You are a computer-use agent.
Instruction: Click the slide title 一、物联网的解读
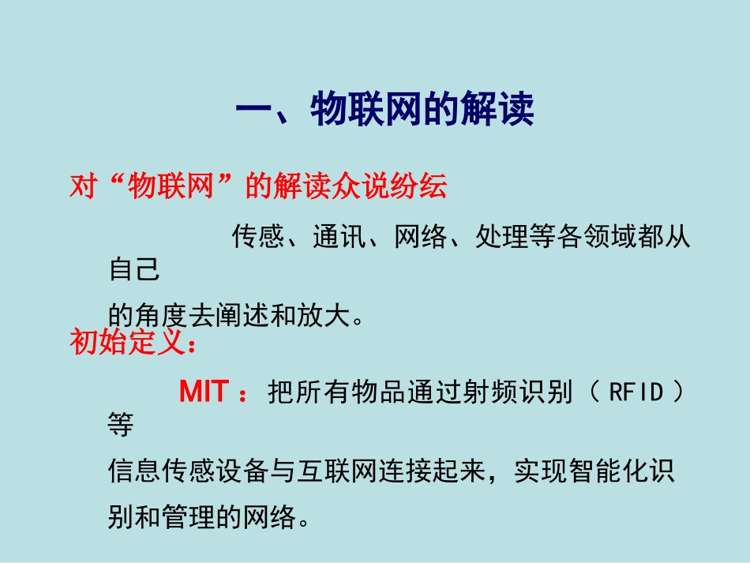(x=384, y=110)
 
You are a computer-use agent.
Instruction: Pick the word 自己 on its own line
(x=133, y=271)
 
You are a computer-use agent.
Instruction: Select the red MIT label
(x=204, y=392)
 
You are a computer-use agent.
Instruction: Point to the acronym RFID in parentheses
(x=636, y=392)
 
